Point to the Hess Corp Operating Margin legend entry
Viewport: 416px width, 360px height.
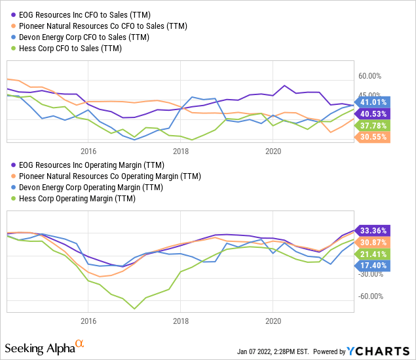point(78,200)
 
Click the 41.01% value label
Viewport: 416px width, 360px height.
point(374,101)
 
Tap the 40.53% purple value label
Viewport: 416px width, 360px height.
point(374,113)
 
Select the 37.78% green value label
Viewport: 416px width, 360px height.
point(374,125)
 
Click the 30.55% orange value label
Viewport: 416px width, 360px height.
point(374,136)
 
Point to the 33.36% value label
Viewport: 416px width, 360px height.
point(374,230)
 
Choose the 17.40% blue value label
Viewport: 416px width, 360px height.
point(374,266)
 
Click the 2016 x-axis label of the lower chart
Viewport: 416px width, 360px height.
point(88,321)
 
